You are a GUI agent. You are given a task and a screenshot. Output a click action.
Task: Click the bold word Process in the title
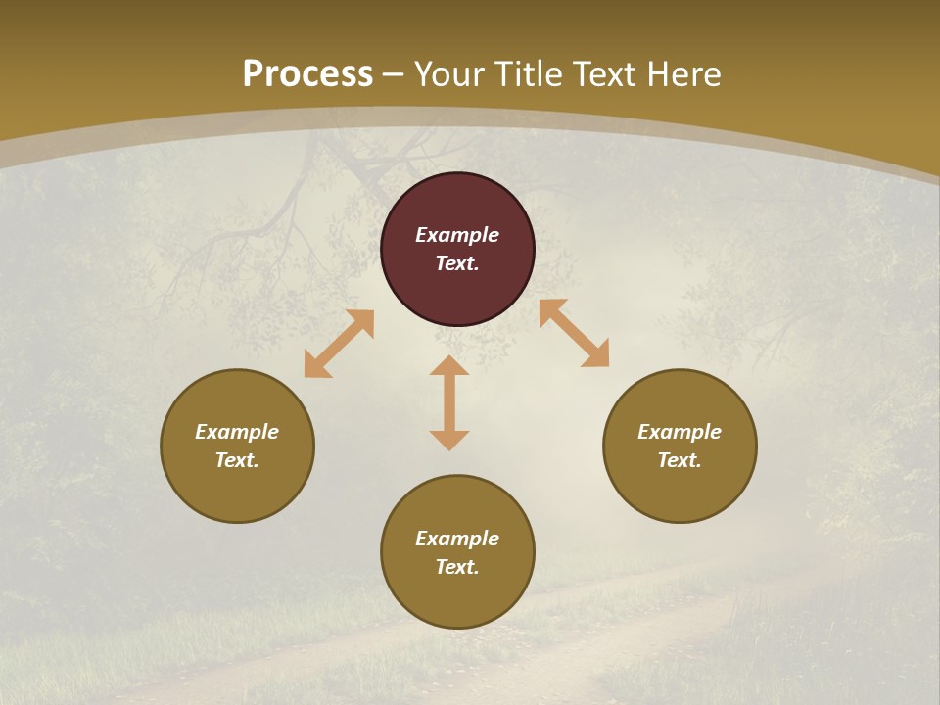point(307,74)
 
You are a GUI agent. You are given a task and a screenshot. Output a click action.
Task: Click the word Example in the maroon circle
point(457,235)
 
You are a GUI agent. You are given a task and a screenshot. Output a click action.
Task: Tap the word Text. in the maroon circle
point(457,263)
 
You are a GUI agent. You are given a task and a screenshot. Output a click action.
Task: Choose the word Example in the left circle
point(237,432)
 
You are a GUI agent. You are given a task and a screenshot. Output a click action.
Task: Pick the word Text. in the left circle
point(237,460)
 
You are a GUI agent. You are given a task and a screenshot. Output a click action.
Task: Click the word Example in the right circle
point(680,432)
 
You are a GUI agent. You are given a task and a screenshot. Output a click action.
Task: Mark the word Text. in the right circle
point(680,460)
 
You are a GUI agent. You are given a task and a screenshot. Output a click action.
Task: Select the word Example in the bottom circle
point(457,539)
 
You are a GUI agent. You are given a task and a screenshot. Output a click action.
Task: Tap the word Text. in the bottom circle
point(457,567)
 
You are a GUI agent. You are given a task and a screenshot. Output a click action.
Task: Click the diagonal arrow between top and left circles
point(339,344)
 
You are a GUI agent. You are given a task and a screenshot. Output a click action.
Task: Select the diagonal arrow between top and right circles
point(575,333)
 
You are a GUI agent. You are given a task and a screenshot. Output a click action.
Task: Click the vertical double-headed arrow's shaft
point(449,403)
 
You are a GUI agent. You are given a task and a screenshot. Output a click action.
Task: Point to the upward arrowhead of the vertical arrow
point(449,365)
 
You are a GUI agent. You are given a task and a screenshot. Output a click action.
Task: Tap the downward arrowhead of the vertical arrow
point(449,440)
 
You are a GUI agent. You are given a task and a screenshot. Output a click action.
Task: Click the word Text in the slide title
point(606,74)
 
